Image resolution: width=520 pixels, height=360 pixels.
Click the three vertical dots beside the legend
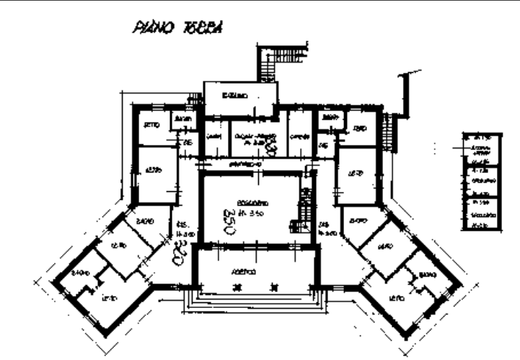click(435, 147)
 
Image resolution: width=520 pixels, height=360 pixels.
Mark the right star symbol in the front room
click(273, 286)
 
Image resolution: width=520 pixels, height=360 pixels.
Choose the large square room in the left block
click(157, 174)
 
